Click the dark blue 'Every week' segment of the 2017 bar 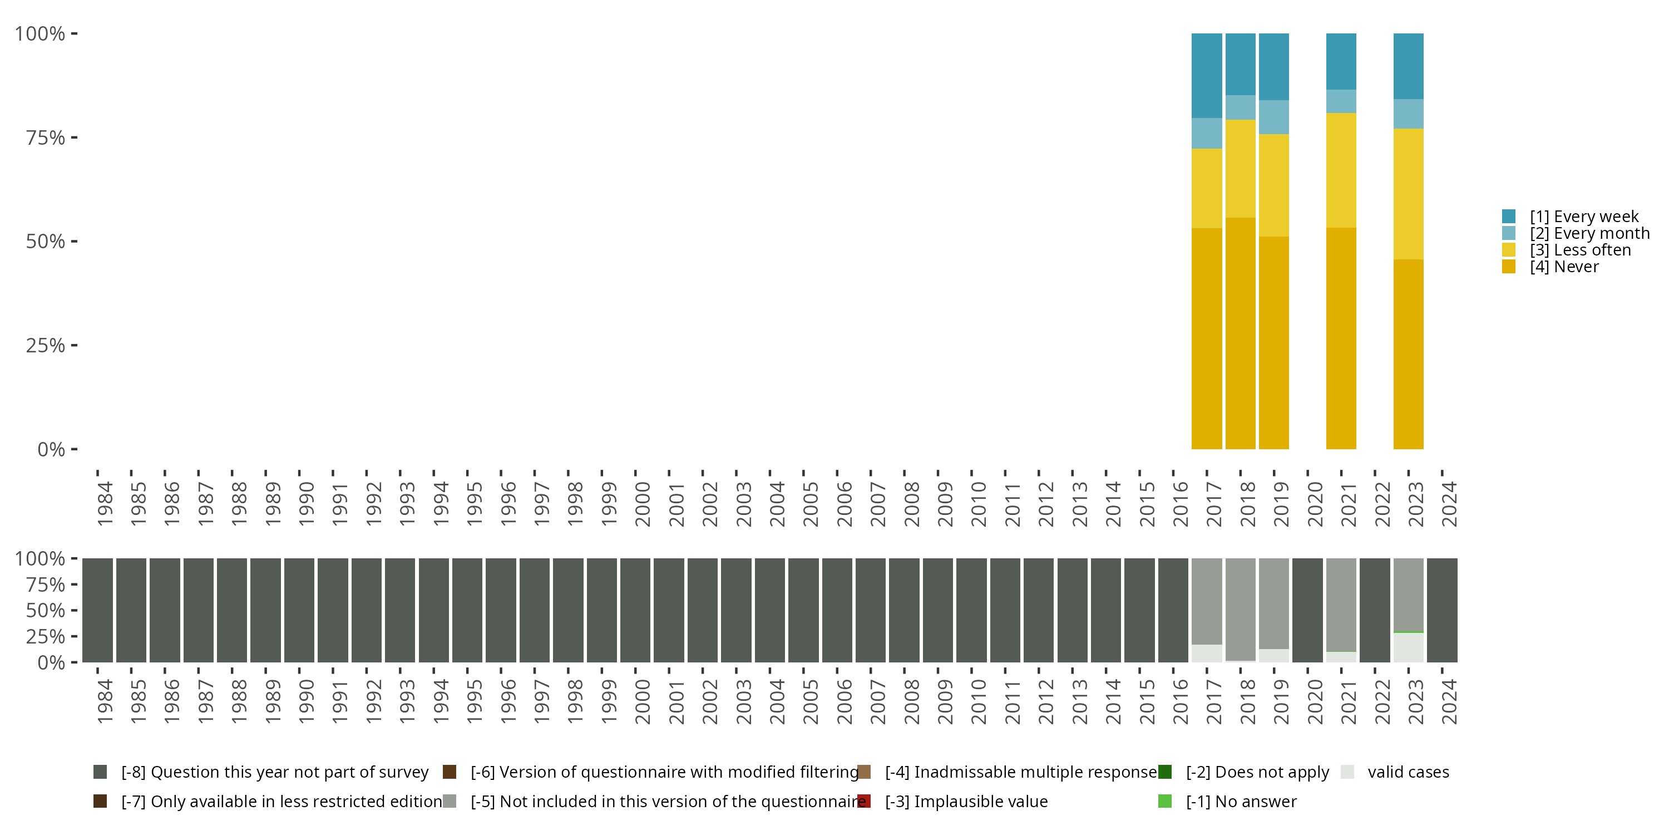coord(1206,75)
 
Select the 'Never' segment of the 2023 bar coord(1408,354)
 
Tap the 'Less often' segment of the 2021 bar coord(1341,170)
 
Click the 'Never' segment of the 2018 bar coord(1240,333)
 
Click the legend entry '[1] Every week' coord(1583,217)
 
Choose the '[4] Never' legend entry coord(1563,267)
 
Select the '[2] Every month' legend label coord(1589,233)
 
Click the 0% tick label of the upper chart coord(51,449)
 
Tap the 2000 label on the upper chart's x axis coord(642,504)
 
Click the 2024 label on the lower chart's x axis coord(1449,701)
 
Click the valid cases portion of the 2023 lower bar coord(1408,647)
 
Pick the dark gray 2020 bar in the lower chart coord(1307,610)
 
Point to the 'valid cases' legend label coord(1408,772)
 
